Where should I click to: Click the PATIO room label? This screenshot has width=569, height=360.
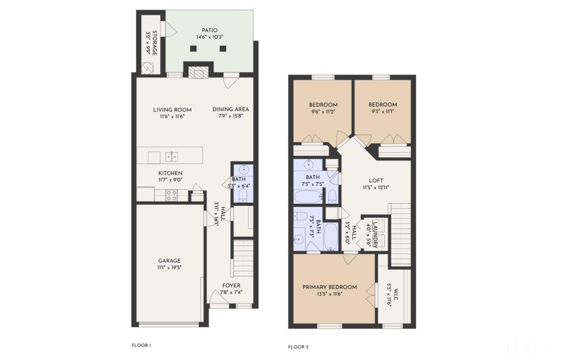click(209, 30)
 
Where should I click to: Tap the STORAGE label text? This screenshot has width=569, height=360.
click(154, 43)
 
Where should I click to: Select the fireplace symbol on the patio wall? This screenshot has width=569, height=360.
click(199, 74)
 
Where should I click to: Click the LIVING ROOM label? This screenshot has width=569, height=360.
click(172, 110)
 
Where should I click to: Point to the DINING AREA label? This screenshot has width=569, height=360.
click(231, 109)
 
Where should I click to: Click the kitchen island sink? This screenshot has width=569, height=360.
click(171, 156)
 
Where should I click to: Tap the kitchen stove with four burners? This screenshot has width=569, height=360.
click(171, 196)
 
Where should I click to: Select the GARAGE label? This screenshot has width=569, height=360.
click(169, 261)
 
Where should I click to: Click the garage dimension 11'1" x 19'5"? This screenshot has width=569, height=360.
click(169, 268)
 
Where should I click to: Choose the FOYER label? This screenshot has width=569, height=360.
click(231, 285)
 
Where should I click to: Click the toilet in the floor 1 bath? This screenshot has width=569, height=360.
click(242, 196)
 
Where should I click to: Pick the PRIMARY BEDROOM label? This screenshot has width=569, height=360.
click(329, 287)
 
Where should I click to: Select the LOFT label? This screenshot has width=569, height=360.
click(376, 180)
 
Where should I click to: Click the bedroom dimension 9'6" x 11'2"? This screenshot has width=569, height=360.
click(323, 111)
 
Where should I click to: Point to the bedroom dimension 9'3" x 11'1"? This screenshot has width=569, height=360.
click(382, 111)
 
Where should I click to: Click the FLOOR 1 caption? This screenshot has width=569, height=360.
click(142, 345)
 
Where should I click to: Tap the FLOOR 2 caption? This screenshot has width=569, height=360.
click(298, 347)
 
